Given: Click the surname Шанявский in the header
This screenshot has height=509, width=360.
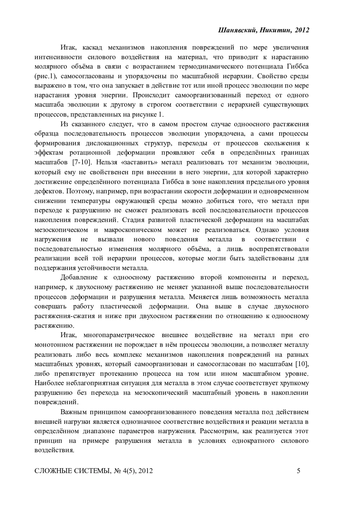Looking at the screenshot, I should point(235,30).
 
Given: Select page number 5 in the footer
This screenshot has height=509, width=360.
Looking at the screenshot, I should point(298,471).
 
